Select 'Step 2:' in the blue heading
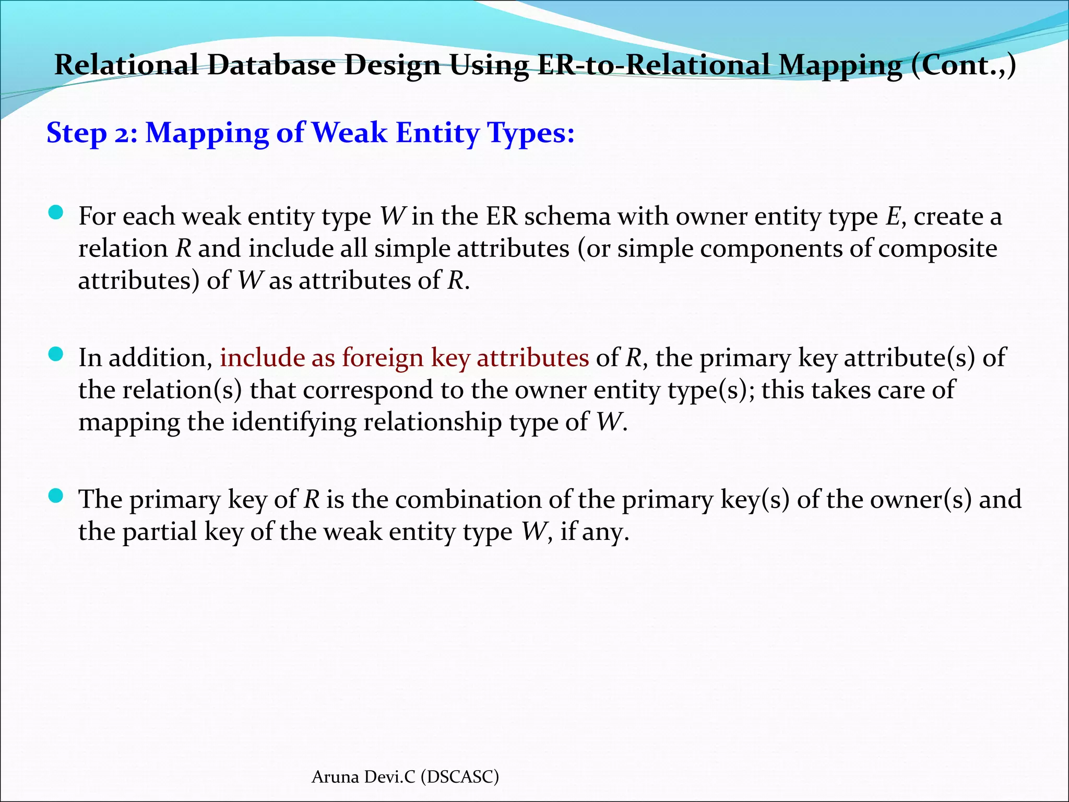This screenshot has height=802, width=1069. point(92,133)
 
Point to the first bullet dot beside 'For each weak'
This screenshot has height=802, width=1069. point(55,213)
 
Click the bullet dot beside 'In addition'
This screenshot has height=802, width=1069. point(55,355)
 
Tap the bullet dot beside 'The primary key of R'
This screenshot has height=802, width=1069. point(55,496)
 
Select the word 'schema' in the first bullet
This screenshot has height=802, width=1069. point(567,216)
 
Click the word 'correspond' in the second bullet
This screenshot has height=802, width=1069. point(367,390)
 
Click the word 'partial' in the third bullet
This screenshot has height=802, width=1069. point(160,532)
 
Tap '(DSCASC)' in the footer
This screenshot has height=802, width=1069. point(459,777)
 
